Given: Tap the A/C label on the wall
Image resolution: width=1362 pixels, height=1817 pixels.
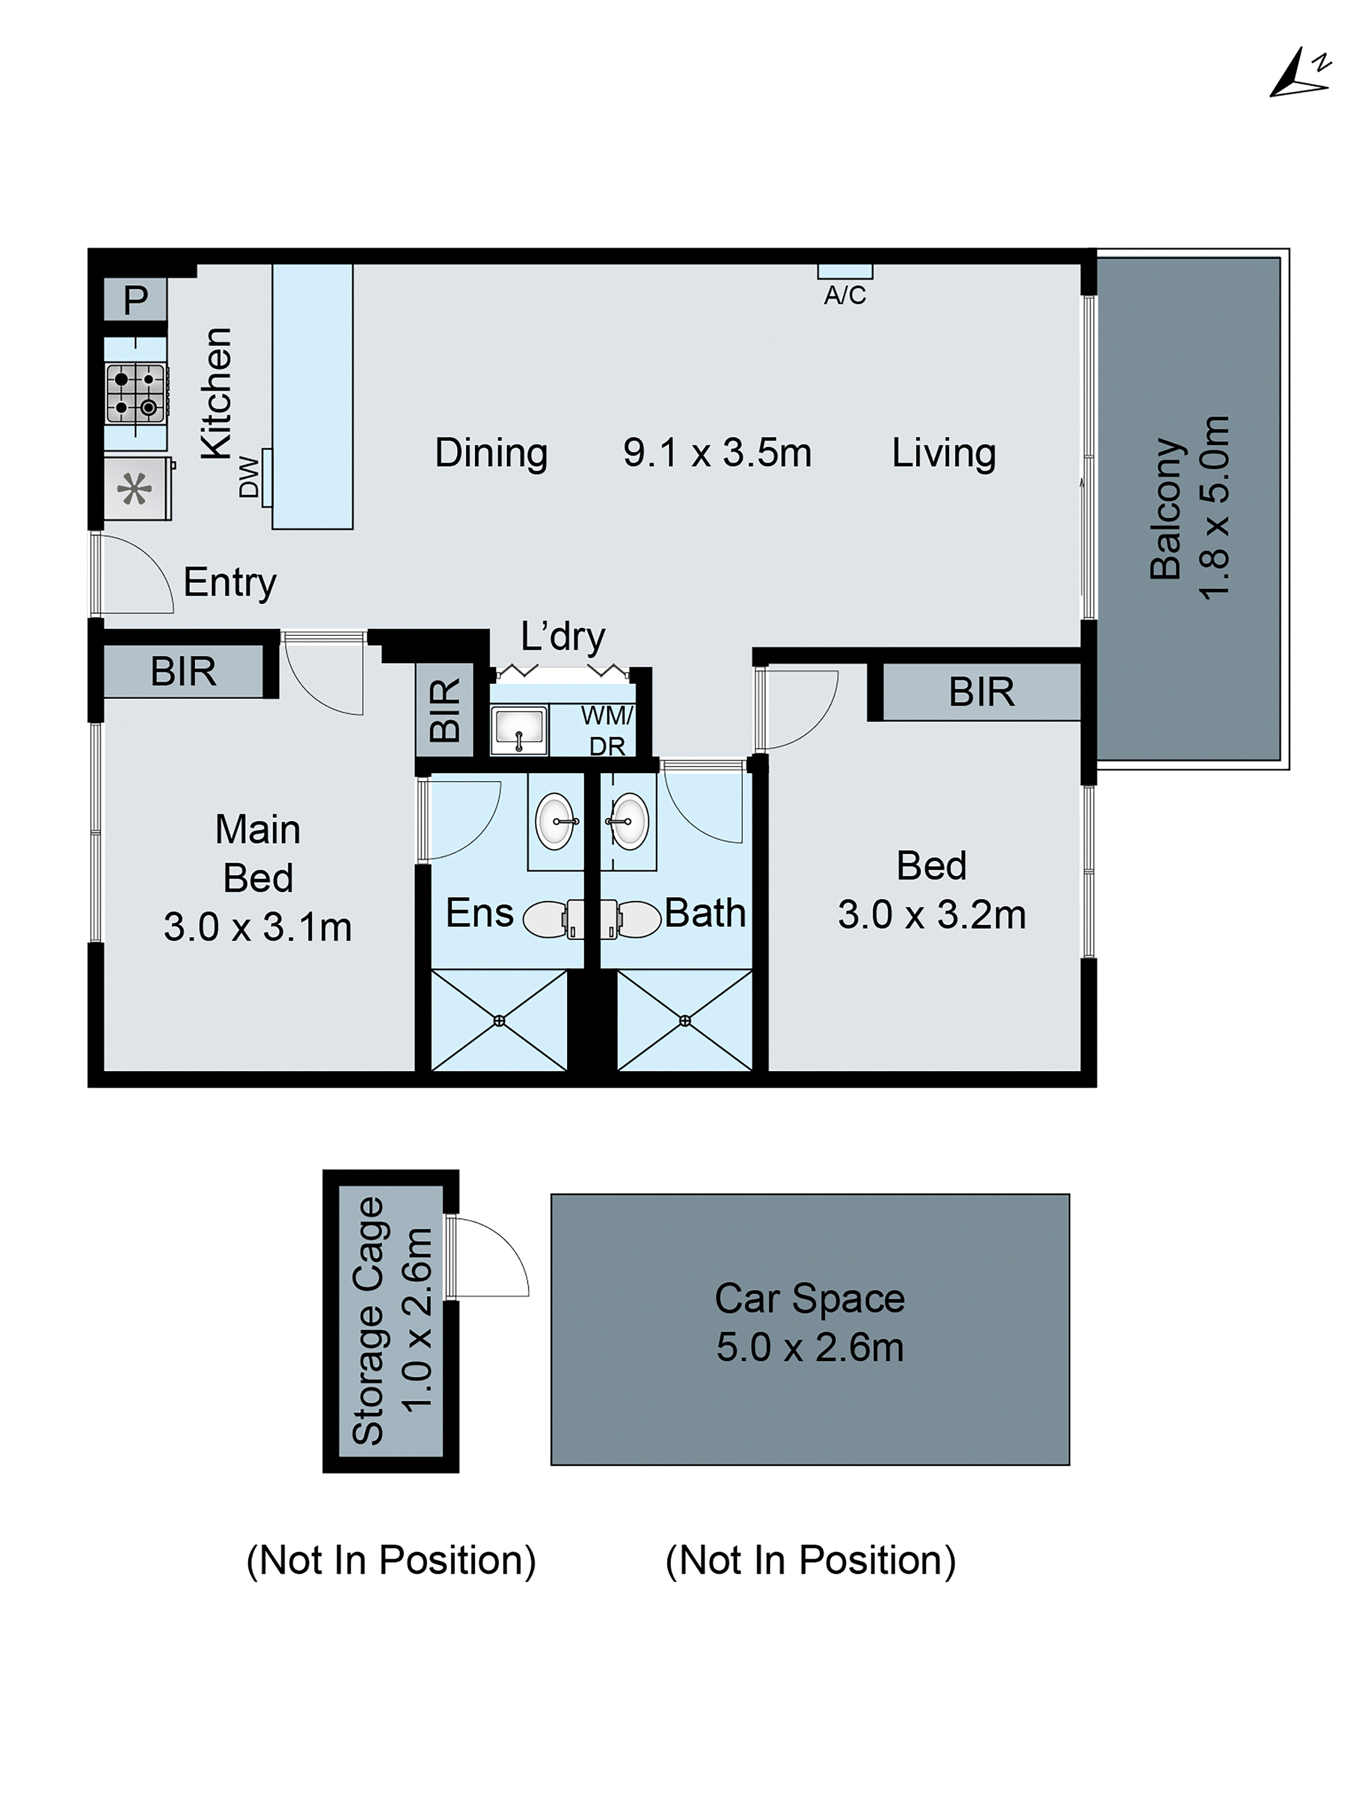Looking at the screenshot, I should [x=845, y=295].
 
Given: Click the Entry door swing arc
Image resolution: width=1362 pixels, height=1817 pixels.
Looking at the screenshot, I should [x=139, y=572].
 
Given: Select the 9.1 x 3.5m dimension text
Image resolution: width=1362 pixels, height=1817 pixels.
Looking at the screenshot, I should [x=717, y=452].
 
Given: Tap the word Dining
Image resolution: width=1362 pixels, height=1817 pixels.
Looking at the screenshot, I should [x=491, y=452].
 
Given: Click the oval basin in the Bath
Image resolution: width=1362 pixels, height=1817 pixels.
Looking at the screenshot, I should [x=629, y=821].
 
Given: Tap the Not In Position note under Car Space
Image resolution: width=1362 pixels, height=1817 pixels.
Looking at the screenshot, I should [x=810, y=1560].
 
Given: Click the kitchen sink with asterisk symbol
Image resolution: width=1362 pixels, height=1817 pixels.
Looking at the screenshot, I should [x=135, y=490].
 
